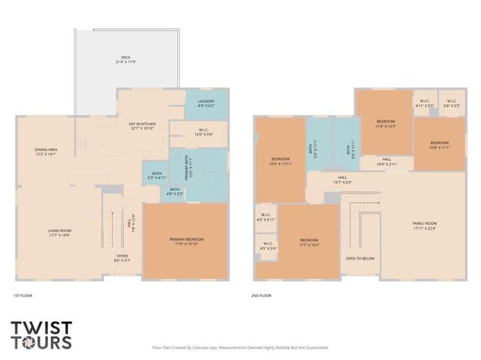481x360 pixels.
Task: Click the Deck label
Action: click(126, 59)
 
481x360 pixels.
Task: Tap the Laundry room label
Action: click(206, 104)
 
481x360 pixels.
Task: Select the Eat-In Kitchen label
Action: click(143, 125)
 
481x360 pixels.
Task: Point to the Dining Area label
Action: click(45, 151)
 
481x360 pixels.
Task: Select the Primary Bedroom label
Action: click(186, 241)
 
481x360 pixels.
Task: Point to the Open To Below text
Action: click(360, 259)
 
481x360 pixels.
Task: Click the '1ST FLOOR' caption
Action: click(23, 296)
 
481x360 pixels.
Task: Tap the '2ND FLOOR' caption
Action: click(261, 296)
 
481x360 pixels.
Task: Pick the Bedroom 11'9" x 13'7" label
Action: click(385, 124)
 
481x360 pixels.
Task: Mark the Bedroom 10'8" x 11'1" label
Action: click(440, 146)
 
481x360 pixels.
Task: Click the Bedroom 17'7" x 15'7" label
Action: click(309, 241)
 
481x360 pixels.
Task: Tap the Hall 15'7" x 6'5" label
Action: click(343, 180)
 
